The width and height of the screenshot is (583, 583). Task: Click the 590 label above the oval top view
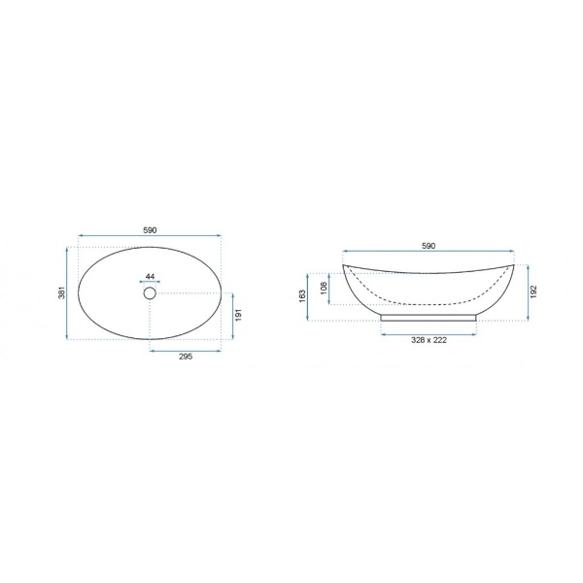(150, 230)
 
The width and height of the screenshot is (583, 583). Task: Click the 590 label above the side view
(429, 246)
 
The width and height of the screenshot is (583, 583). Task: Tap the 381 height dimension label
(62, 293)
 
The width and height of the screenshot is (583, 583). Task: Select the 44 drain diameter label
(151, 277)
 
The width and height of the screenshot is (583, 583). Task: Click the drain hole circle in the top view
(150, 293)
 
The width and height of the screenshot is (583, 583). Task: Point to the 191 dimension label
(239, 315)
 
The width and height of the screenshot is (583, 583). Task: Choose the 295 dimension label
(186, 357)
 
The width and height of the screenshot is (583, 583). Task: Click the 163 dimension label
(302, 296)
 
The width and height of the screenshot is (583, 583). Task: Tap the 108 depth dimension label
(324, 289)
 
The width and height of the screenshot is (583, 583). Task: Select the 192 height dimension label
(533, 291)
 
